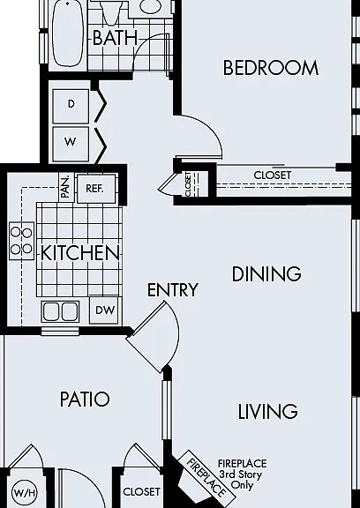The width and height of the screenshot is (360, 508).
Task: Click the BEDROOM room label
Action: coord(271,68)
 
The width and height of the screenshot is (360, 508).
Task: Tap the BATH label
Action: coord(115,37)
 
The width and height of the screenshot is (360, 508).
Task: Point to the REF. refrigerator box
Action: coord(96,189)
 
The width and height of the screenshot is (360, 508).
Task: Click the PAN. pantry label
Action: coord(66,187)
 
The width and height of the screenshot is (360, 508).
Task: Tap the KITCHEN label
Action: coord(80,253)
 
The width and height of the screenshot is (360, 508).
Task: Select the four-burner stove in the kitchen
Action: coord(22,241)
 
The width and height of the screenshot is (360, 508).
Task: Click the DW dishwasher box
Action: coord(105,310)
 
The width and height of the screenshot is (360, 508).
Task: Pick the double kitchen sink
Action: coord(60,311)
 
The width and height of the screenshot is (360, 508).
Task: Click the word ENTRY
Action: coord(172,289)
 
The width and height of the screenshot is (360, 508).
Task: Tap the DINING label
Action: coord(266,273)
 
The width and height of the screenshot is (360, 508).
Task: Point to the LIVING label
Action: coord(267,412)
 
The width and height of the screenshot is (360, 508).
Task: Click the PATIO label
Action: coord(85,400)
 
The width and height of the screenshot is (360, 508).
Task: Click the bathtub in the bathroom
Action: coord(67,34)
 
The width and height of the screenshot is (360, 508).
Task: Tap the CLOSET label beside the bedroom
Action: coord(272,176)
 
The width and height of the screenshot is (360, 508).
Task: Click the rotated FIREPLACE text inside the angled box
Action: coord(206,478)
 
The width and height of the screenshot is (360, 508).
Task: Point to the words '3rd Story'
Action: coord(240,474)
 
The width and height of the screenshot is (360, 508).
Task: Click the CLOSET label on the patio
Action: coord(141,492)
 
